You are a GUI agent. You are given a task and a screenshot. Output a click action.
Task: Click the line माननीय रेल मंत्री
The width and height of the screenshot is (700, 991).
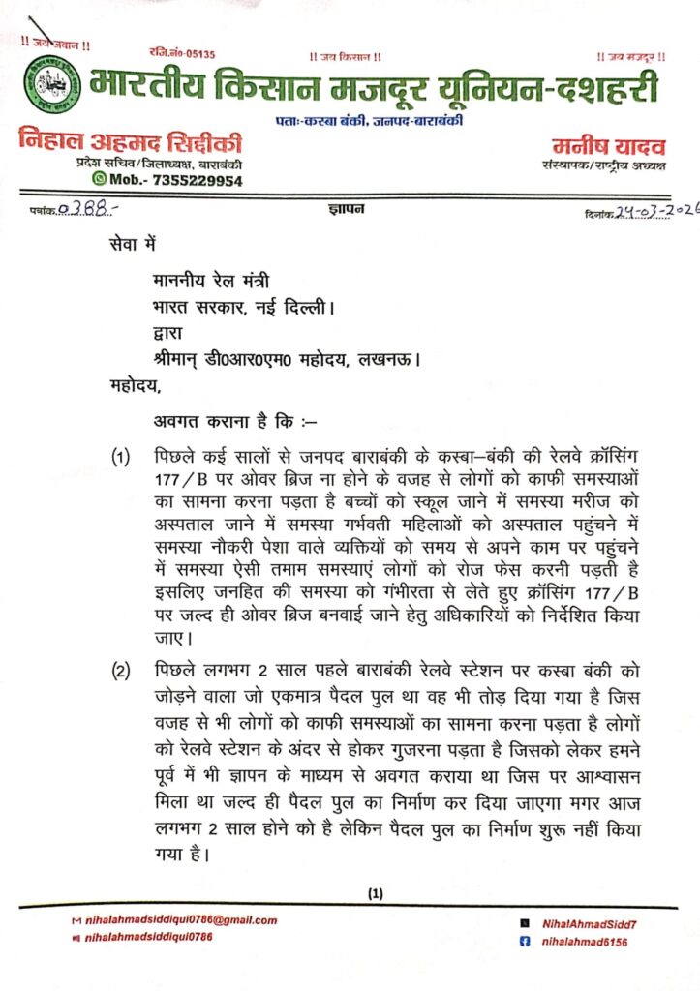(211, 281)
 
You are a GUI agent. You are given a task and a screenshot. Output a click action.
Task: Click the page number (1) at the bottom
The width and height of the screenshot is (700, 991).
(376, 893)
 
